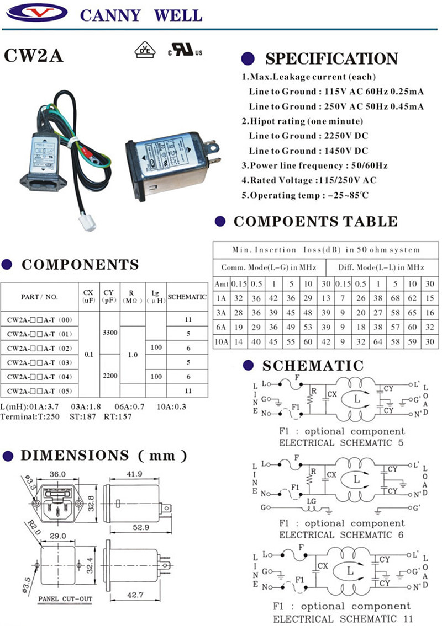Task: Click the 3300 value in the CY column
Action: point(108,333)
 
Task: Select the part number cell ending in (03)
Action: point(39,362)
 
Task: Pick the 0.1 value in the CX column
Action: point(88,355)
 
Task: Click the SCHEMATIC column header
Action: point(187,297)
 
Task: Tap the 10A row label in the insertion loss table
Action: point(221,341)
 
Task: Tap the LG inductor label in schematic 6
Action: point(311,502)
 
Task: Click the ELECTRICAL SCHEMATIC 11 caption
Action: point(343,619)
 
